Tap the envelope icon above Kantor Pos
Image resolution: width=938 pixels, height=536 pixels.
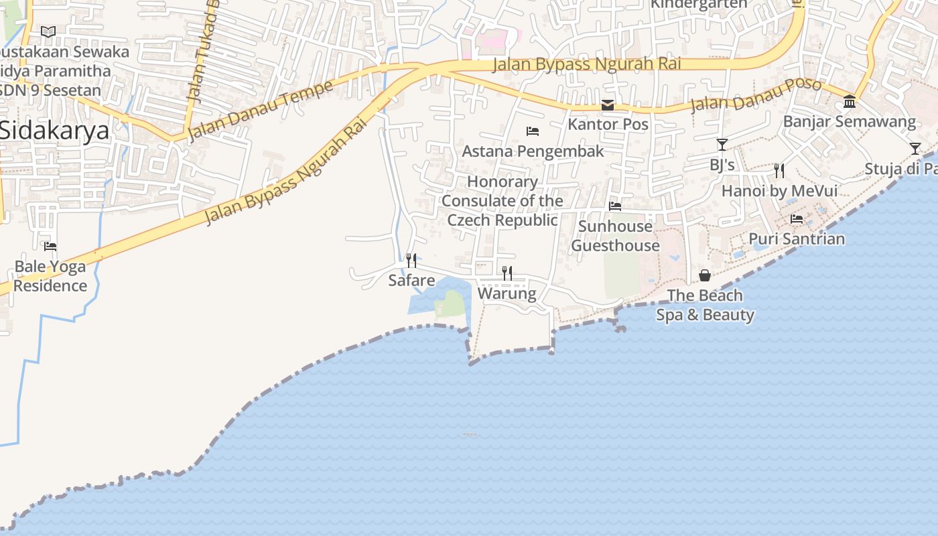coord(608,105)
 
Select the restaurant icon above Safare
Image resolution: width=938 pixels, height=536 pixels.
coord(411,260)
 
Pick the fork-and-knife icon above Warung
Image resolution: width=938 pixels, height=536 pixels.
coord(507,273)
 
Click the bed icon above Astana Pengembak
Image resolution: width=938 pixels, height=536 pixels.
coord(533,131)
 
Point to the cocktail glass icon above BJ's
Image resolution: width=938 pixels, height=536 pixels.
coord(722,144)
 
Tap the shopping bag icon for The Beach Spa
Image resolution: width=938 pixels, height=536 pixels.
coord(705,275)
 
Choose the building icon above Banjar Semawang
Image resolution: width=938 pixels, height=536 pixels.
coord(850,102)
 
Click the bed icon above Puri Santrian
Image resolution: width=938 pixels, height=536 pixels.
coord(797,219)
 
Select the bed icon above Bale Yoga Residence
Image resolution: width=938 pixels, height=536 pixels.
coord(50,246)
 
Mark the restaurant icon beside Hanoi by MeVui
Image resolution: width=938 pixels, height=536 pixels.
coord(779,171)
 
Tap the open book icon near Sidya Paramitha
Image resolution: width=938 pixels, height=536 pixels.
coord(48,31)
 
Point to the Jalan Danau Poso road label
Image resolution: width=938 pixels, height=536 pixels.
coord(756,95)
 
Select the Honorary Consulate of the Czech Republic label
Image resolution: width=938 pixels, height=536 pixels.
coord(503,200)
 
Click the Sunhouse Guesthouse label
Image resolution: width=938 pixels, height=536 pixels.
coord(615,236)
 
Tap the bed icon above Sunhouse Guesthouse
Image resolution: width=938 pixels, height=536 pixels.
coord(615,206)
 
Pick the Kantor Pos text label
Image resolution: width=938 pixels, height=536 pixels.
coord(608,124)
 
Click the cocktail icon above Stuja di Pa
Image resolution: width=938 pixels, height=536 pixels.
coord(915,149)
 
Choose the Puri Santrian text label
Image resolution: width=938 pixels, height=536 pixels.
coord(797,239)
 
